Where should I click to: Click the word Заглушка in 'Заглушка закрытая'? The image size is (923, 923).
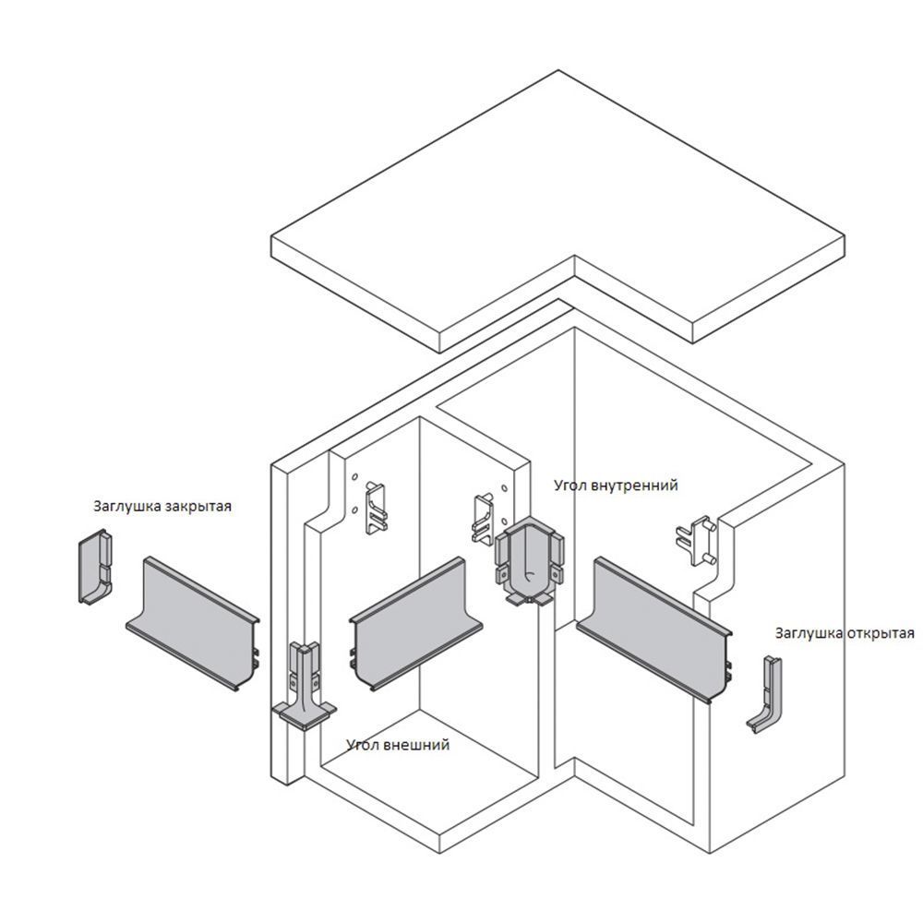(x=127, y=506)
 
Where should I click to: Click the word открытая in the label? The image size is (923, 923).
(x=881, y=633)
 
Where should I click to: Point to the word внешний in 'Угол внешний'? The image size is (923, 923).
(x=416, y=745)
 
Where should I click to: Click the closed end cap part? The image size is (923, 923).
(x=96, y=567)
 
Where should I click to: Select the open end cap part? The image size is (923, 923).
(x=765, y=695)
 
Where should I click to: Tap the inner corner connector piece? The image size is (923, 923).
(x=529, y=560)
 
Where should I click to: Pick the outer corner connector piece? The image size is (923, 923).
(x=304, y=686)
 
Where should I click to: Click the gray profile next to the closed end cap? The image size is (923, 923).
(x=193, y=623)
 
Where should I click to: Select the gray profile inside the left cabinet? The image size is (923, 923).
(x=416, y=623)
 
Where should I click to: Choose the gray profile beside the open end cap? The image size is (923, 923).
(x=654, y=629)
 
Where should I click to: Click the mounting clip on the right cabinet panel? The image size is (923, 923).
(x=695, y=541)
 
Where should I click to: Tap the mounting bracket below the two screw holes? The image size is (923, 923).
(x=377, y=508)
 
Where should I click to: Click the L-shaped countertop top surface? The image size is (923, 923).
(x=558, y=206)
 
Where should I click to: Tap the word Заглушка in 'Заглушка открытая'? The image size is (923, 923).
(x=809, y=633)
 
